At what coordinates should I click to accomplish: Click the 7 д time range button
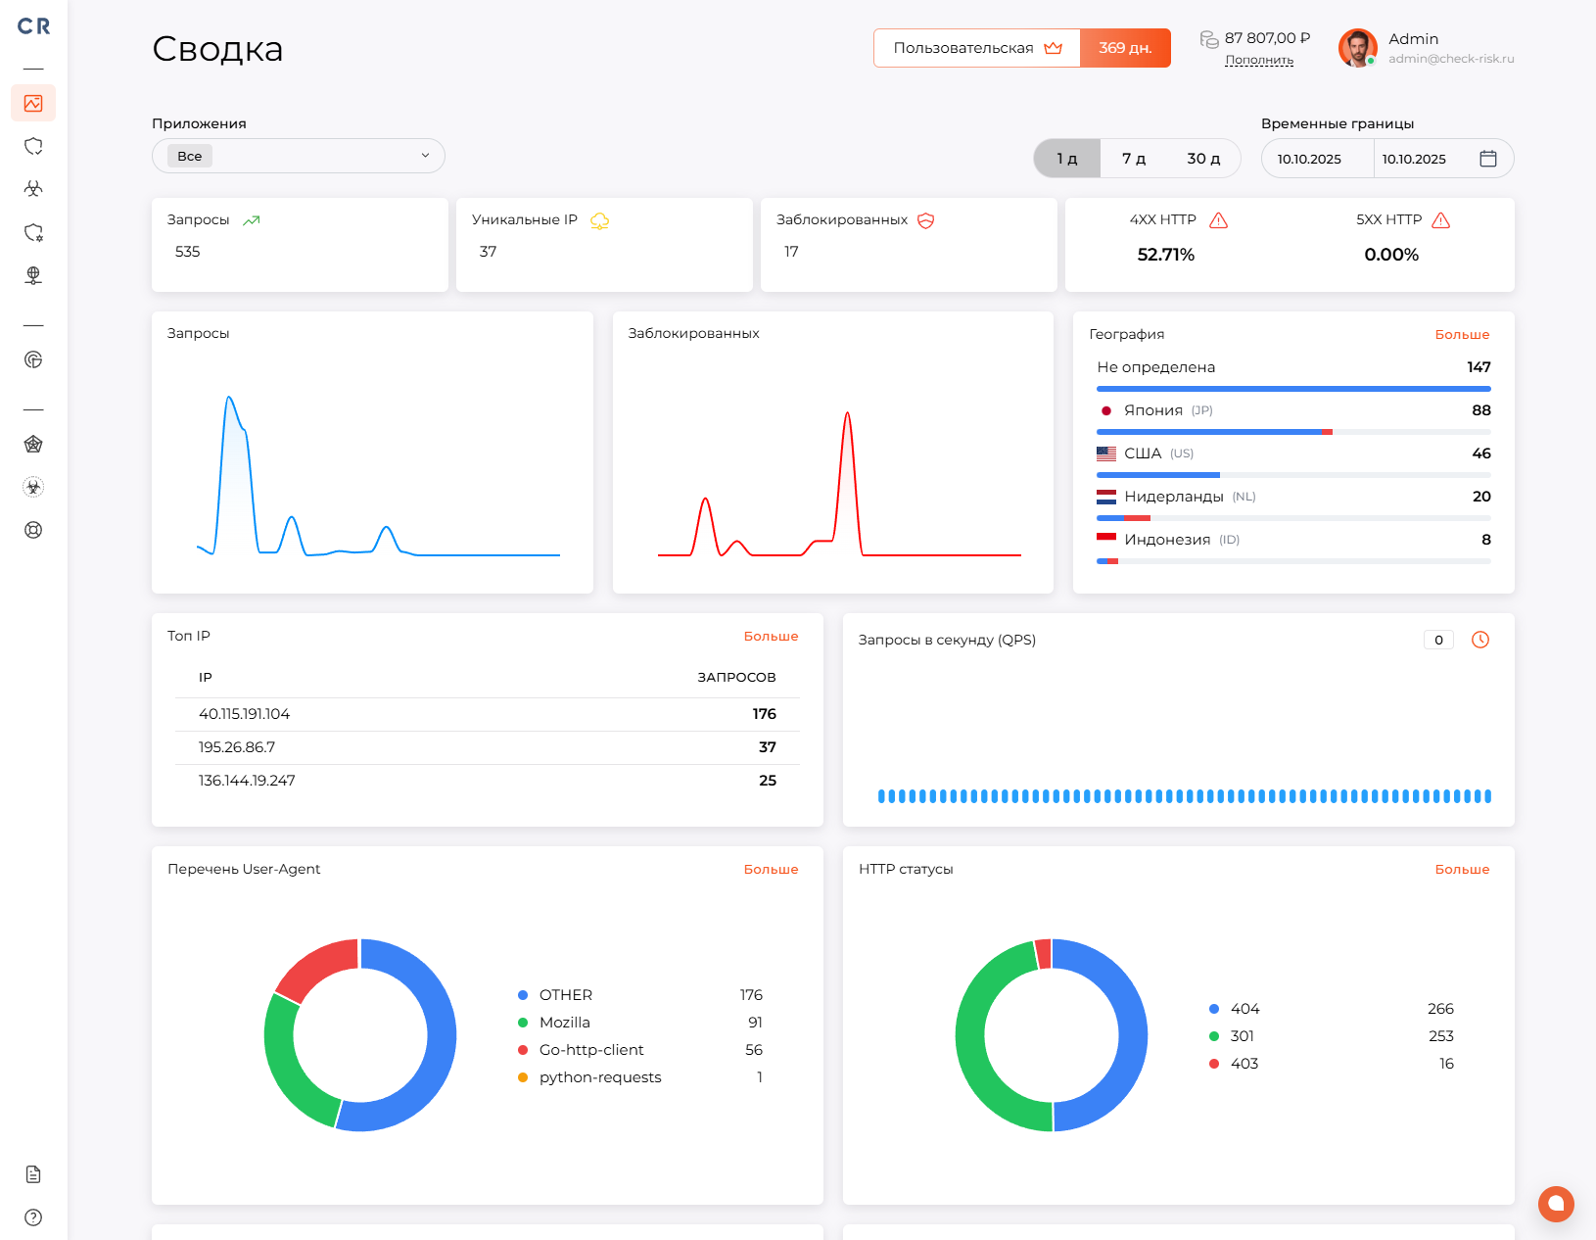point(1134,159)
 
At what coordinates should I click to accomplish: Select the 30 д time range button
point(1203,159)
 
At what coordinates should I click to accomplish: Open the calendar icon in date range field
point(1487,159)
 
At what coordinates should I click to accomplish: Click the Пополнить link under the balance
point(1259,61)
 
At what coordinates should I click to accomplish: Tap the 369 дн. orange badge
point(1125,48)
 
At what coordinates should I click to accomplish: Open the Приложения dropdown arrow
point(425,156)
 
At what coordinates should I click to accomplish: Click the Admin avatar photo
point(1357,47)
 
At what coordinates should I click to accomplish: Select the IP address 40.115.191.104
point(244,714)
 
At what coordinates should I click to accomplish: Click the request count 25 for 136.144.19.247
point(767,781)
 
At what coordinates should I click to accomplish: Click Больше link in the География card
point(1462,335)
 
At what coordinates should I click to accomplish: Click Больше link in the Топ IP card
point(771,637)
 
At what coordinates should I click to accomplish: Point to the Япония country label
point(1152,410)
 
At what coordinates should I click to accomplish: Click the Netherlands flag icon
point(1106,497)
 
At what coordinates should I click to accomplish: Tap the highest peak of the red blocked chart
point(847,415)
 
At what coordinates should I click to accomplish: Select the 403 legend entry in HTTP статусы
point(1244,1064)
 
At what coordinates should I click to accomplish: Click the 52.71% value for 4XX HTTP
point(1165,255)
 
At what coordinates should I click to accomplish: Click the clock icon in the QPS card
point(1480,640)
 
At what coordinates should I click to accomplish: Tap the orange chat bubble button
point(1556,1204)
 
